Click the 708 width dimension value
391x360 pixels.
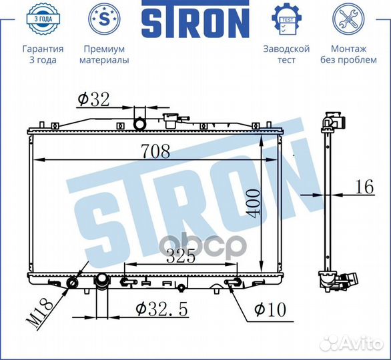155,151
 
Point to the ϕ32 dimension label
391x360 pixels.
93,99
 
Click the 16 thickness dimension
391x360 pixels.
364,187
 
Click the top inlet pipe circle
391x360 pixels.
141,124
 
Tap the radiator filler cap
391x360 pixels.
172,122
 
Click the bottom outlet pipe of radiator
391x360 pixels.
102,287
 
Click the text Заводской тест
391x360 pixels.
286,55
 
